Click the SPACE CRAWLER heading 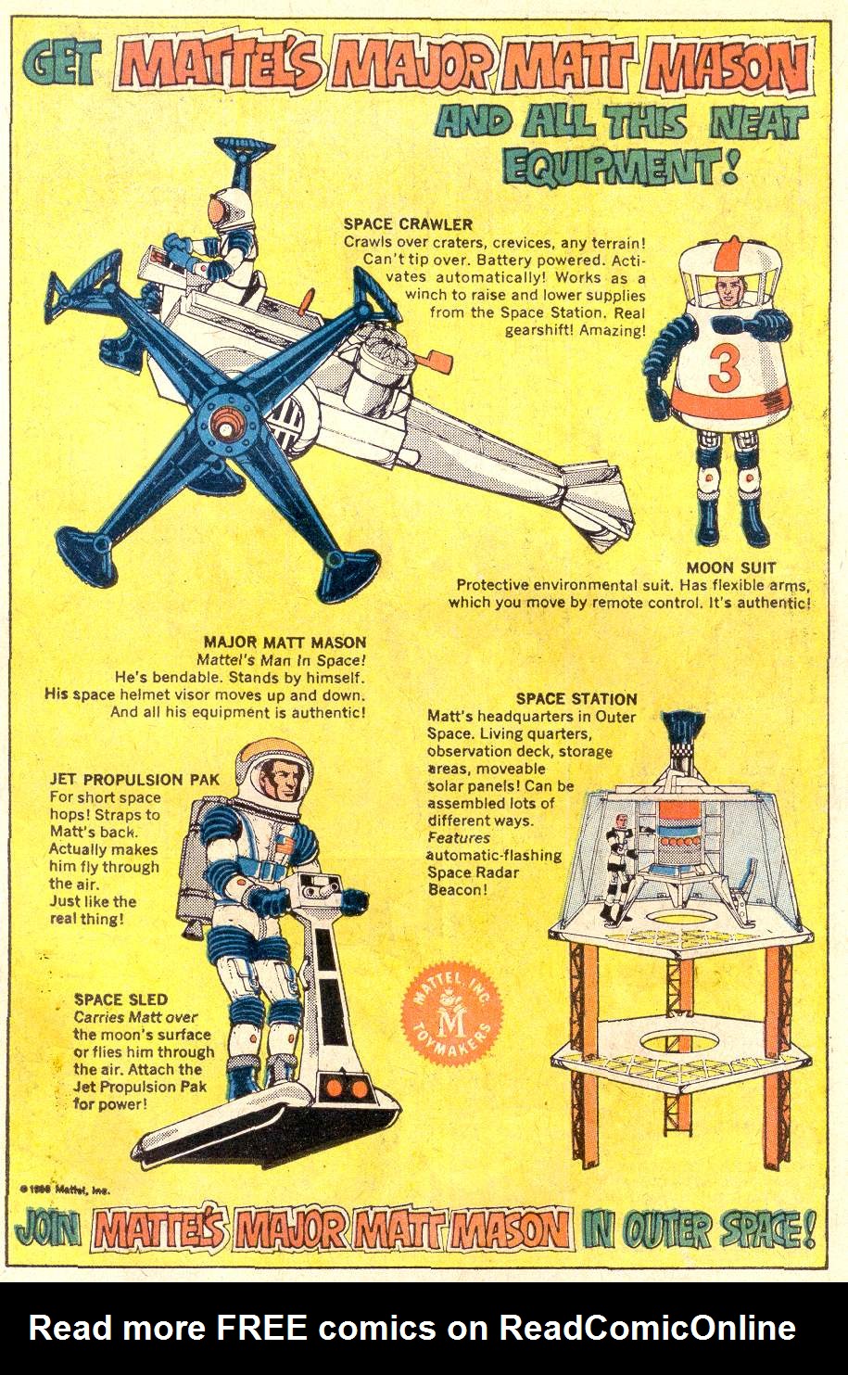click(408, 223)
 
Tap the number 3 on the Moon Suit click(724, 368)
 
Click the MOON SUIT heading click(731, 567)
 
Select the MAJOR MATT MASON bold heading click(285, 642)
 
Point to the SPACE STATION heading click(576, 699)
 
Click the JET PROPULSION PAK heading click(134, 780)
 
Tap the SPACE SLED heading click(120, 999)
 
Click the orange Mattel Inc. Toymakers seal click(453, 1020)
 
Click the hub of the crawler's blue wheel click(223, 422)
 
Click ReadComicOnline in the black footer click(647, 1328)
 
